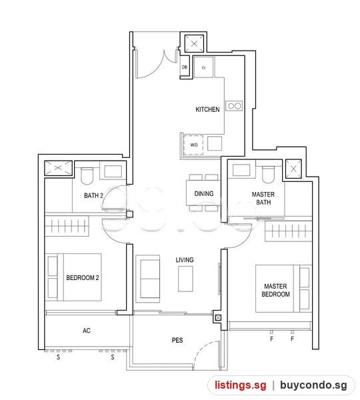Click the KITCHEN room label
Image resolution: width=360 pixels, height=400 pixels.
click(x=207, y=109)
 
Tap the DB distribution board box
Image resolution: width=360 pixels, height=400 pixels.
click(x=185, y=67)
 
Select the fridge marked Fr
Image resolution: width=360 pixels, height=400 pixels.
click(x=203, y=67)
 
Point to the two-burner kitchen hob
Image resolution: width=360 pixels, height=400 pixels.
click(x=234, y=105)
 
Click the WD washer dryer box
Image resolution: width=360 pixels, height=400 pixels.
click(x=193, y=145)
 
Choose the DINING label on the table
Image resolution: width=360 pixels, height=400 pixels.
click(x=204, y=193)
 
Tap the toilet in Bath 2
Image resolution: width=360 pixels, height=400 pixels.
click(x=87, y=176)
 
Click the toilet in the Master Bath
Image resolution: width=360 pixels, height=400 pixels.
click(x=268, y=175)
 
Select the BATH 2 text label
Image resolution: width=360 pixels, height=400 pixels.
click(x=93, y=195)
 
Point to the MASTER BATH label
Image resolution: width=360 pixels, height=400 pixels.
click(x=263, y=198)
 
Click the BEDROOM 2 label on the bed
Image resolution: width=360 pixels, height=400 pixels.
click(x=83, y=277)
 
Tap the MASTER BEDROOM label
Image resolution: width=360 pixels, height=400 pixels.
click(x=276, y=290)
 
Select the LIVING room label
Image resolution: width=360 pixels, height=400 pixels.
click(x=185, y=260)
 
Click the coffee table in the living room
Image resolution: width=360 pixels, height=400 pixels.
click(x=185, y=279)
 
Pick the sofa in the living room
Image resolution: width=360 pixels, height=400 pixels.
click(x=148, y=279)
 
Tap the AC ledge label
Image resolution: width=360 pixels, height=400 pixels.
click(x=87, y=331)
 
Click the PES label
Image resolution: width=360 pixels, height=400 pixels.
click(x=177, y=340)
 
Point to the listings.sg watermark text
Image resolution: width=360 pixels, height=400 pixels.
click(x=241, y=385)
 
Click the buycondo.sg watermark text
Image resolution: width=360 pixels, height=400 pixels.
click(x=313, y=385)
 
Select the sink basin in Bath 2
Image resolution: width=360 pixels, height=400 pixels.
click(x=113, y=171)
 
